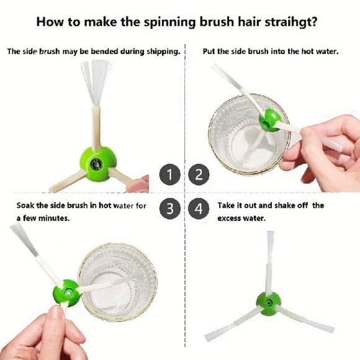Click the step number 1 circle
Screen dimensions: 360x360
(x=169, y=174)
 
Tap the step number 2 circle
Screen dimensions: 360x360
(x=199, y=174)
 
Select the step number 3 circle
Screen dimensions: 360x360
(x=169, y=209)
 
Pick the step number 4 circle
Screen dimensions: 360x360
(x=199, y=209)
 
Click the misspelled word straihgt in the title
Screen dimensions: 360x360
(x=291, y=22)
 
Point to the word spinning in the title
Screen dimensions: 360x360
(x=170, y=23)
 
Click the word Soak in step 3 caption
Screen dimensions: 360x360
(x=25, y=205)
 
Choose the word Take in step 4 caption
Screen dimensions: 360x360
(x=226, y=205)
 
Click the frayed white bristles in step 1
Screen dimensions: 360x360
(x=96, y=82)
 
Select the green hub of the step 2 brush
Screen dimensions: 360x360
(x=270, y=120)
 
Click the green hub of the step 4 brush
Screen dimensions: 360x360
(x=268, y=304)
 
